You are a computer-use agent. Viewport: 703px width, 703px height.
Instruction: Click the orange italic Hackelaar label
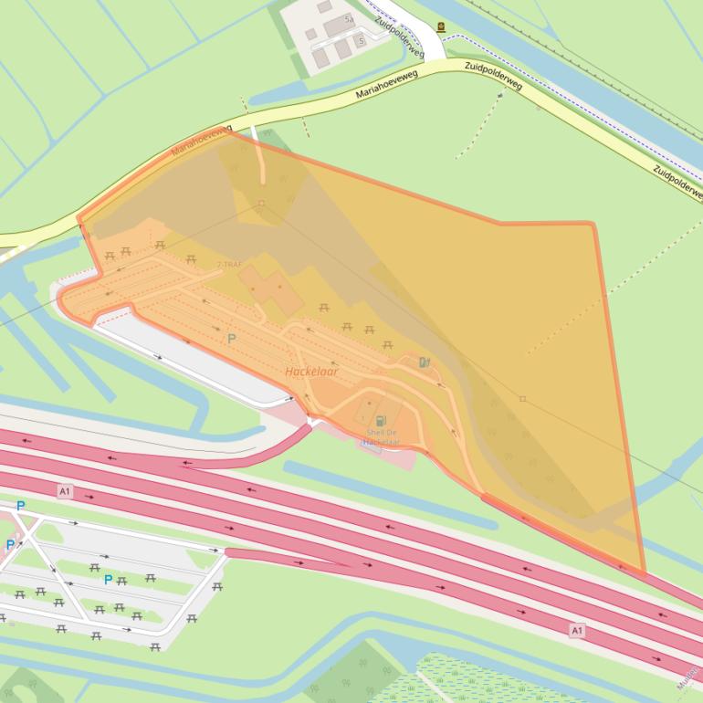311,372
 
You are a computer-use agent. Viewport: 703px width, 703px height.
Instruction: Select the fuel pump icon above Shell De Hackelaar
380,420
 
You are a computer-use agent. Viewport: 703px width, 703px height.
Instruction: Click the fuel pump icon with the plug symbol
425,362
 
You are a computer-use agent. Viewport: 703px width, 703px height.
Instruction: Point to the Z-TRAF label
229,265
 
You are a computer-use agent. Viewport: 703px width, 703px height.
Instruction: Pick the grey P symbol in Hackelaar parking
232,338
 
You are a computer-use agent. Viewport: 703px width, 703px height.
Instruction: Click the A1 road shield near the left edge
64,491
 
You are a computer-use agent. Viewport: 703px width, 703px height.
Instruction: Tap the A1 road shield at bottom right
576,630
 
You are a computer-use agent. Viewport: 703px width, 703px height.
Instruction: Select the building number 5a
349,19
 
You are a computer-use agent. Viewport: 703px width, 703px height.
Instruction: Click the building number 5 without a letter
362,41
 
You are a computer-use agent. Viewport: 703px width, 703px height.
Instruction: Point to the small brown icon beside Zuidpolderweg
441,27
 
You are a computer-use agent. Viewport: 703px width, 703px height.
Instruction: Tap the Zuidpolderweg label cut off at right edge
677,182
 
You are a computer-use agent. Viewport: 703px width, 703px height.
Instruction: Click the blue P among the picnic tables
108,579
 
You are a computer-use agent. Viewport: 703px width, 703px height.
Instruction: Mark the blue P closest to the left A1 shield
20,505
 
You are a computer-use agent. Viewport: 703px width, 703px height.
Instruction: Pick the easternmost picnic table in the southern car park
216,586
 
